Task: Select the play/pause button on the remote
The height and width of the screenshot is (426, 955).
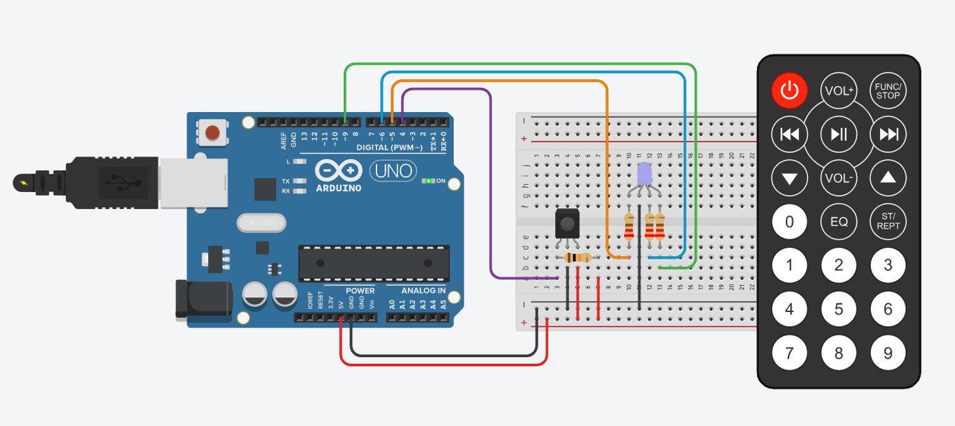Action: (839, 134)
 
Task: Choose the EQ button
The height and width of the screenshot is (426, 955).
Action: (839, 221)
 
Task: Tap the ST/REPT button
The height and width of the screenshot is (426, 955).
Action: (888, 221)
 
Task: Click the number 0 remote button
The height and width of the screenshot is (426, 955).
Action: (790, 221)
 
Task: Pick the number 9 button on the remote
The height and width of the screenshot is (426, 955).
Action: (888, 353)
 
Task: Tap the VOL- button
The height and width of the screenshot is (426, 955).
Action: (839, 178)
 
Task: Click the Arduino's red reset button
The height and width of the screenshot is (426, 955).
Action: (213, 133)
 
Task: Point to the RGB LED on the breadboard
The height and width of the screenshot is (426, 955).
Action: (644, 174)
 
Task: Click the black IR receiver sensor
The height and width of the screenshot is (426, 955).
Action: (568, 224)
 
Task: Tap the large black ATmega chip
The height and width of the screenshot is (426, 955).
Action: (374, 263)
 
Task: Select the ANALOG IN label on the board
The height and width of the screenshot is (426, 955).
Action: (416, 291)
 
